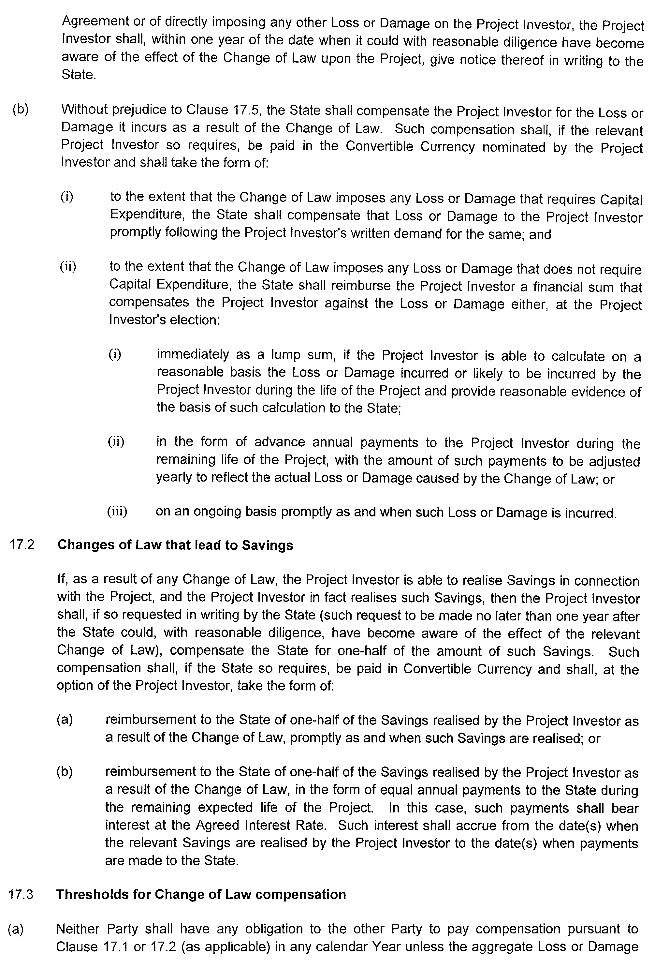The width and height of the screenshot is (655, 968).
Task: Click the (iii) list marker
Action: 117,512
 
